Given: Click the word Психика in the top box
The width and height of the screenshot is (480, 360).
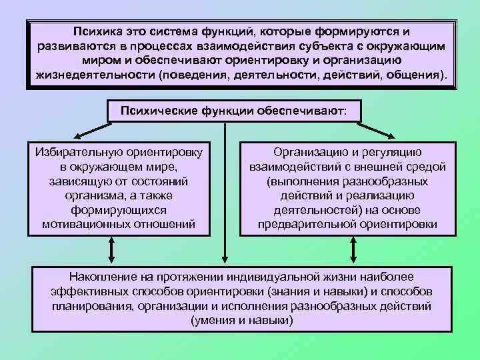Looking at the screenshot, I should point(98,31).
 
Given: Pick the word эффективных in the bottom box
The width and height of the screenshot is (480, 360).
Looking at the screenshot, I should point(87,291).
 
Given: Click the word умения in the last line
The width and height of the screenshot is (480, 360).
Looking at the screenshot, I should point(213,321).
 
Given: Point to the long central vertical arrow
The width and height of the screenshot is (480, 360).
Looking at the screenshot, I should point(226,193).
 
